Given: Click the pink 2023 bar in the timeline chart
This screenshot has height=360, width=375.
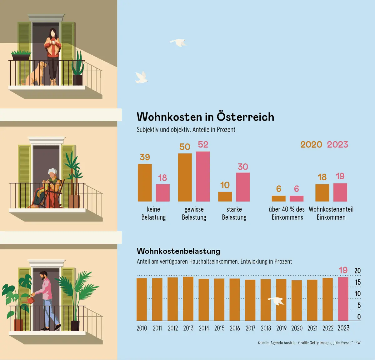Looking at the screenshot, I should coord(343,299).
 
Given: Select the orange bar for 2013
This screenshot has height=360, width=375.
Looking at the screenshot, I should coord(188,298).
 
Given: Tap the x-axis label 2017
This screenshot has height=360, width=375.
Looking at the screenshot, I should coord(250,328).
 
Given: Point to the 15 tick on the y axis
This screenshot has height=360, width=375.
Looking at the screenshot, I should coord(358,282).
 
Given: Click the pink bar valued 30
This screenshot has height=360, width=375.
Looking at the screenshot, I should coord(243,187).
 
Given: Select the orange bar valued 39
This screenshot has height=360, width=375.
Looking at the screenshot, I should coord(145,182).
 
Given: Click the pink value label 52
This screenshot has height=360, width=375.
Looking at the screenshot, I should coord(203,144).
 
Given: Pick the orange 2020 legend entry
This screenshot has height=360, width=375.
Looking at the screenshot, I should coord(311,144).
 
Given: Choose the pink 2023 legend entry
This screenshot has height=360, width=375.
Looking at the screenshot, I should coord(337,144).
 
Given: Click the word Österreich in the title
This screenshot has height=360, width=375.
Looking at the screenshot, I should coord(245,117).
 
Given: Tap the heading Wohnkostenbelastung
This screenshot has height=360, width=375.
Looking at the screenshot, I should coord(178,251).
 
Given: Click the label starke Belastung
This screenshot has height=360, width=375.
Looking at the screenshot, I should coord(234,213).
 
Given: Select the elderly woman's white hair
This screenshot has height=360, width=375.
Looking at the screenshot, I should coord(52,172).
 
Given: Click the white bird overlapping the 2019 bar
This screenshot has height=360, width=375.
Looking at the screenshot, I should coord(276,301).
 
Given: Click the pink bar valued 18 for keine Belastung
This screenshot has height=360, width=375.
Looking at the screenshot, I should coord(163,192).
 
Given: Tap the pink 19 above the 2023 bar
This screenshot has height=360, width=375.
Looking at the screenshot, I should coord(343,270).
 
